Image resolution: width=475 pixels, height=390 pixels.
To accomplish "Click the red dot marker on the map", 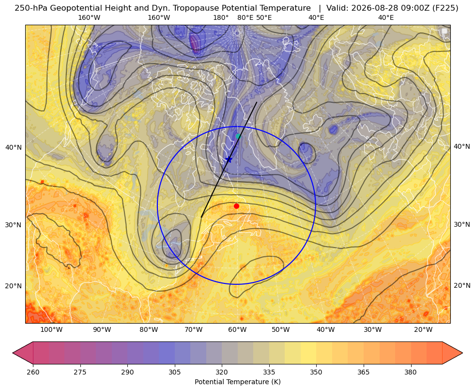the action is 237,206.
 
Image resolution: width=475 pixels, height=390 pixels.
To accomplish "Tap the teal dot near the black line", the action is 238,136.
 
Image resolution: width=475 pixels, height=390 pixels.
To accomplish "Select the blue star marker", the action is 229,159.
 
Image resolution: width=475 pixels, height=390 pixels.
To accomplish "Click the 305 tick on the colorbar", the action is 175,372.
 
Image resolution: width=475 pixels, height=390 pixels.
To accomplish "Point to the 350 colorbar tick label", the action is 316,372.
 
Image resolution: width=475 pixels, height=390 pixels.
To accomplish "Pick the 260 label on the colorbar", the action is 33,372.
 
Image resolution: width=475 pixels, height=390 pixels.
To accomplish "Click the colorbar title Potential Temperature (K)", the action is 237,382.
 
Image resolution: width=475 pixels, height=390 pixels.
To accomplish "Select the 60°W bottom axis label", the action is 237,330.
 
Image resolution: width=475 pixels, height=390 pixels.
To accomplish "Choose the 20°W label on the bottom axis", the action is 423,330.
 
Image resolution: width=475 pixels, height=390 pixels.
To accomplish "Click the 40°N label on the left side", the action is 14,148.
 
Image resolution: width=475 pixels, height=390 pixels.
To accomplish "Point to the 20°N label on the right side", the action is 462,285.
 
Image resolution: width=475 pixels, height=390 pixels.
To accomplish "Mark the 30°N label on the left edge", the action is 14,225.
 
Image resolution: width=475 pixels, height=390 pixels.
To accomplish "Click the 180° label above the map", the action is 221,17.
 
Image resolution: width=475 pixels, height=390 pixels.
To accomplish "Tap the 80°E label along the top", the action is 245,17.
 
